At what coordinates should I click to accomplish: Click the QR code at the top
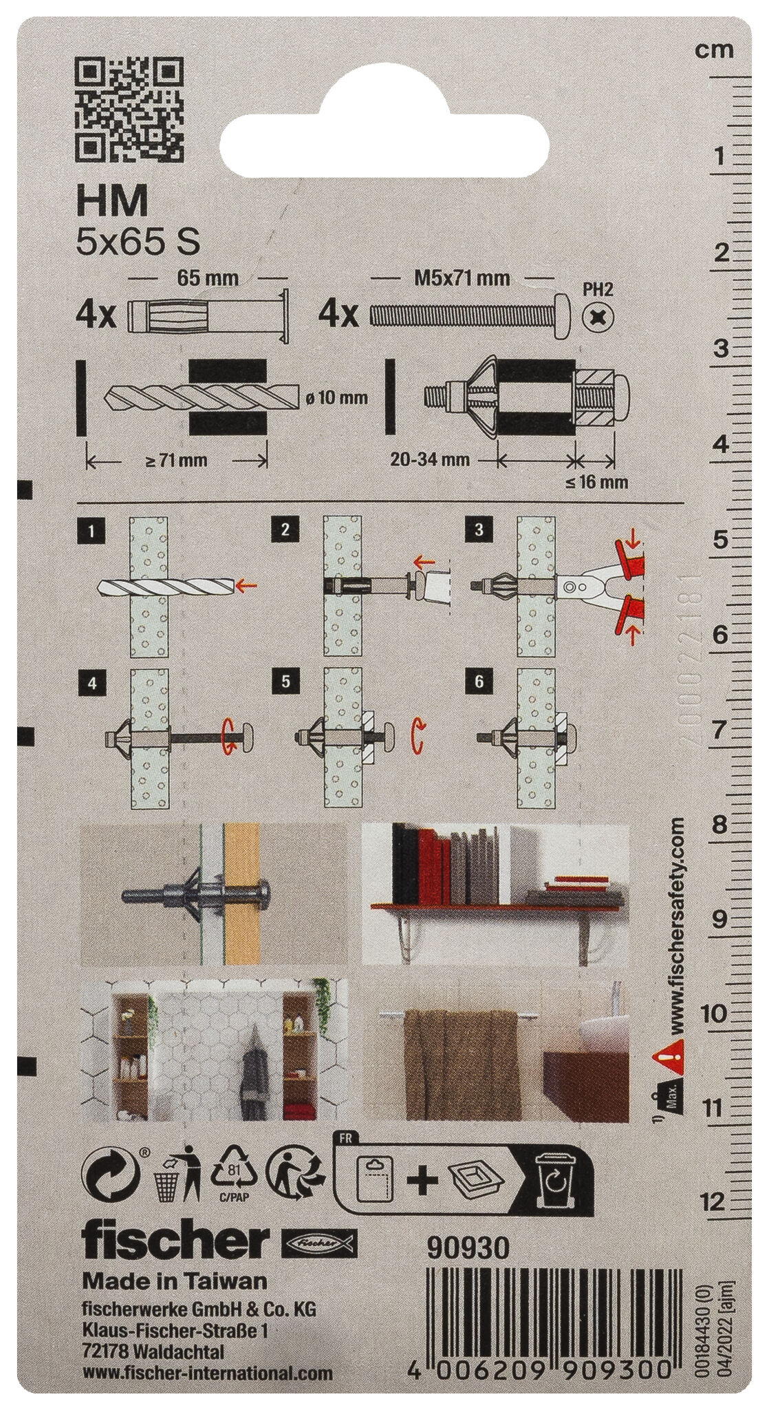[x=129, y=109]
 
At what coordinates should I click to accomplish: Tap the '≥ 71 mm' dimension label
[x=176, y=461]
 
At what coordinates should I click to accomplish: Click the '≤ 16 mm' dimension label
[x=597, y=482]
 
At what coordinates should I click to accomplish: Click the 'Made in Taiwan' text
[x=174, y=1281]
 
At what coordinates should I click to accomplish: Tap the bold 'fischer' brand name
[x=175, y=1243]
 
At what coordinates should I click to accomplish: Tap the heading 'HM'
[x=111, y=202]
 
